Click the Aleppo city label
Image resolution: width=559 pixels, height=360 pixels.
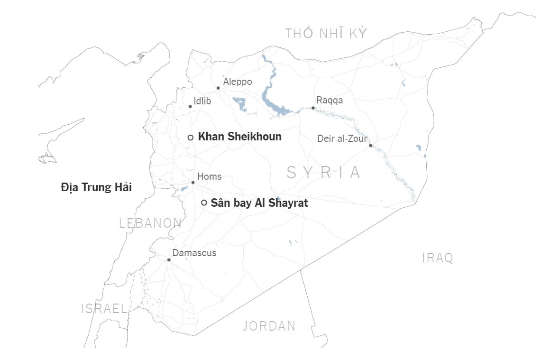click(x=238, y=82)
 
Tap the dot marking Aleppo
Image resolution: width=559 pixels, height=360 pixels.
click(x=218, y=88)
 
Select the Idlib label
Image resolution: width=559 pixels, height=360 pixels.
click(x=202, y=101)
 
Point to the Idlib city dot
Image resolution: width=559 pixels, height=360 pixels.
click(x=190, y=107)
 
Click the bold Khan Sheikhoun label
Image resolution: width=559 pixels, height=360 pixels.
click(x=239, y=137)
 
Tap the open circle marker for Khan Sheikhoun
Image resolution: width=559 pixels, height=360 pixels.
click(x=191, y=138)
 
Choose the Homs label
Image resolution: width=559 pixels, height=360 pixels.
click(x=209, y=177)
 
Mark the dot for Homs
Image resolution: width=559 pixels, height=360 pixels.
click(x=193, y=183)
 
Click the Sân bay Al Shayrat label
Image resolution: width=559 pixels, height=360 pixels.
click(x=259, y=203)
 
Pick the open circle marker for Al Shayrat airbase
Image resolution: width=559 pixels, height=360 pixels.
click(x=204, y=203)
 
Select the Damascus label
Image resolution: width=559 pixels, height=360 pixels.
click(x=194, y=253)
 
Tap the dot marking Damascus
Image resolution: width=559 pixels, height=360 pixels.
click(x=169, y=260)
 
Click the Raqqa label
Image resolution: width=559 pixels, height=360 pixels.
click(x=330, y=101)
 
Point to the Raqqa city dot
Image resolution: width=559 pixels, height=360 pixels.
click(x=313, y=108)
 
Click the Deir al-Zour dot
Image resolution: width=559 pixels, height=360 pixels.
click(x=370, y=146)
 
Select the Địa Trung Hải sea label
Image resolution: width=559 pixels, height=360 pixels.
click(x=96, y=187)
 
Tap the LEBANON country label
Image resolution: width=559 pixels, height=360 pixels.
click(x=150, y=223)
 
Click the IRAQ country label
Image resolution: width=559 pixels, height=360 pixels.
click(x=438, y=258)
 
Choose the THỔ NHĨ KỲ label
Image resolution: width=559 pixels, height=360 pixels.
click(x=326, y=33)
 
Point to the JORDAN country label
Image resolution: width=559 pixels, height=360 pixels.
click(x=269, y=326)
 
